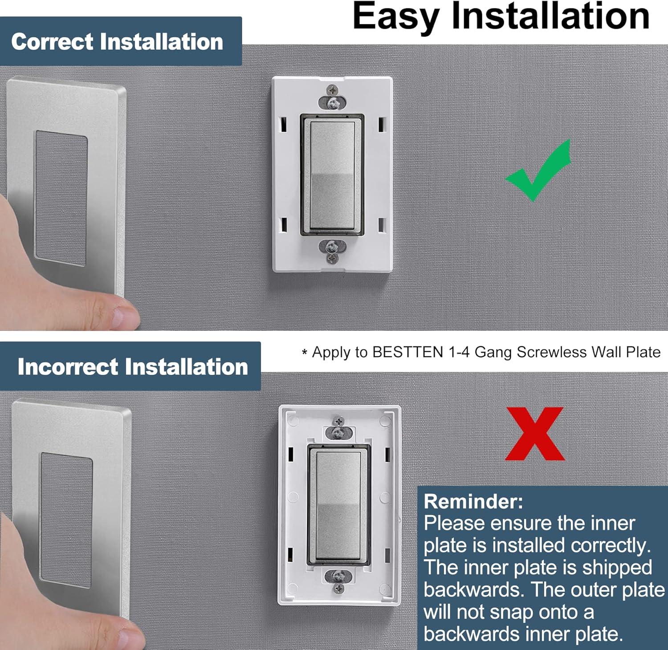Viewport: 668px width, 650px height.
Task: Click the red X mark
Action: (535, 434)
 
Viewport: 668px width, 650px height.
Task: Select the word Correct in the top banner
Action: (52, 42)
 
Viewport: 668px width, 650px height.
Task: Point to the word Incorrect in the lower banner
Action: (68, 367)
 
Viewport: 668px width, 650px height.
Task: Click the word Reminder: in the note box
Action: (473, 501)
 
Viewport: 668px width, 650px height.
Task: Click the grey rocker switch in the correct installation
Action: (332, 174)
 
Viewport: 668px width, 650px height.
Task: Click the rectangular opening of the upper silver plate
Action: (61, 198)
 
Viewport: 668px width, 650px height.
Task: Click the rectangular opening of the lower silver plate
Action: (66, 520)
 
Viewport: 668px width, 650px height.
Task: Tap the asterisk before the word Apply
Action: (305, 353)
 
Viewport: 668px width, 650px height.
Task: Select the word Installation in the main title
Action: (550, 17)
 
